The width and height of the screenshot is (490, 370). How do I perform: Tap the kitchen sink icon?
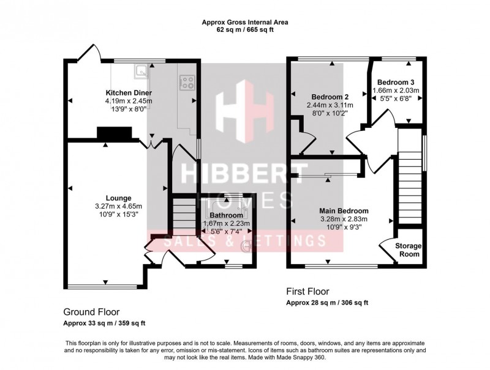coord(141,71)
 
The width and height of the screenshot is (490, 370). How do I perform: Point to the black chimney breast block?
coord(114,132)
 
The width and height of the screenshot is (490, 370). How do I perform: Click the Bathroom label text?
coord(226,215)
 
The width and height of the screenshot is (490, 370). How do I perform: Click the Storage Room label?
coord(407,250)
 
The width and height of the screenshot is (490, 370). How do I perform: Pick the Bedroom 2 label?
coord(330,97)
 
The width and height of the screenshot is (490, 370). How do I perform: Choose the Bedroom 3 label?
coord(395,82)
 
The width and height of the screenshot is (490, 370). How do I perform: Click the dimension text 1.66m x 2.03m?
coord(396,91)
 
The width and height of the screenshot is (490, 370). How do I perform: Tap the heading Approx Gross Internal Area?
coord(245,23)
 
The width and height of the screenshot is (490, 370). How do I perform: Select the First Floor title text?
coord(309,292)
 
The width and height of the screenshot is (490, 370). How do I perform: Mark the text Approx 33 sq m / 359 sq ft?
coord(104,323)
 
